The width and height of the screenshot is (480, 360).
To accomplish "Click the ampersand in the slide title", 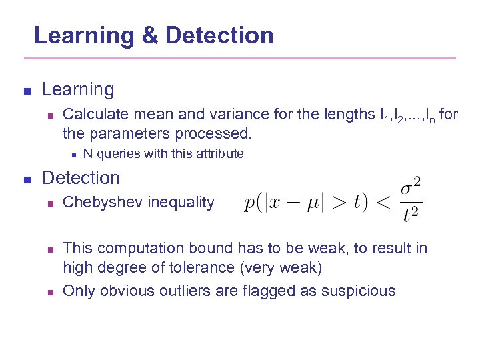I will coord(150,35).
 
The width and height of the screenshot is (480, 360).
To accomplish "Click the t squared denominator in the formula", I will coord(411,213).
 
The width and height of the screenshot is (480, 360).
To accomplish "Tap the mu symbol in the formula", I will coord(313,203).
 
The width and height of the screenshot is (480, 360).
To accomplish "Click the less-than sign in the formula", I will coord(384,202).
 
